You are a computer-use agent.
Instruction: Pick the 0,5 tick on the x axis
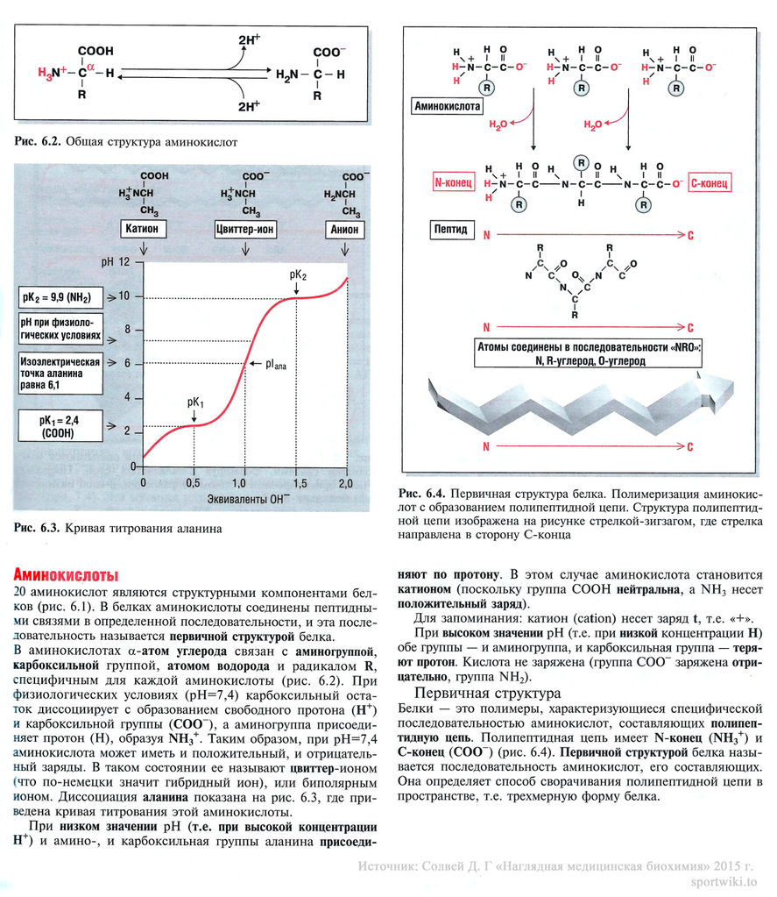pyautogui.click(x=194, y=484)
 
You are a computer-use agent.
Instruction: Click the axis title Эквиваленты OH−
pyautogui.click(x=244, y=500)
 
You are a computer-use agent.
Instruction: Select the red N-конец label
pyautogui.click(x=454, y=183)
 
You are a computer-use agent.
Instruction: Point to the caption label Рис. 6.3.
pyautogui.click(x=37, y=528)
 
